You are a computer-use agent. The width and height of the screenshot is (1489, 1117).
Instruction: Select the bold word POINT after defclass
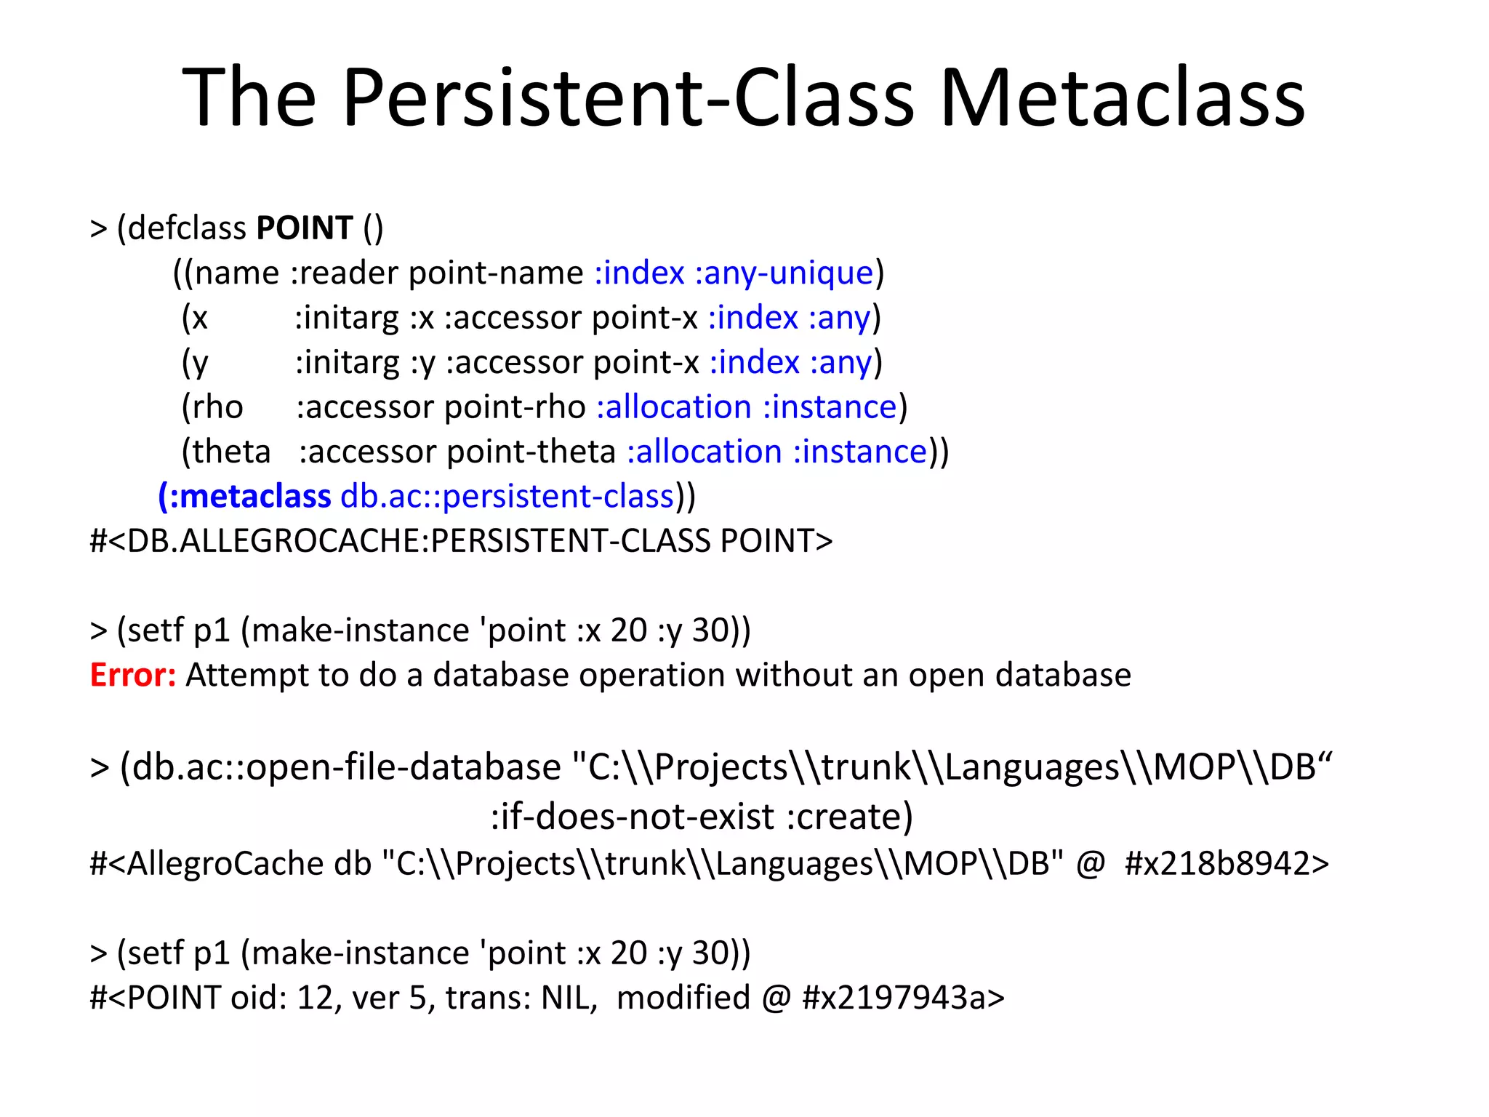click(305, 228)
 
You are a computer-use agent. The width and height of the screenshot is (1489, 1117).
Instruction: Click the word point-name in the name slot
click(496, 273)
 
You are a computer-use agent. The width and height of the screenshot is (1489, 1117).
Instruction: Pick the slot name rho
click(217, 407)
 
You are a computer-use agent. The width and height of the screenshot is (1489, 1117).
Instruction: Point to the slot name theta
click(232, 452)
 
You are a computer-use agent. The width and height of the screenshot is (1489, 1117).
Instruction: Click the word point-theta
click(531, 452)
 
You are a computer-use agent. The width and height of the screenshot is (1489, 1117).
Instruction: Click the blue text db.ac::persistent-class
click(507, 497)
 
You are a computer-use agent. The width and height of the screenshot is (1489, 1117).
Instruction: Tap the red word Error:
click(132, 676)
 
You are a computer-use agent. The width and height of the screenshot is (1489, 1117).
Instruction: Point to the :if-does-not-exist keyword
click(633, 817)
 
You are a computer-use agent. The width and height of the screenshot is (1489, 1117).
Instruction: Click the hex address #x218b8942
click(1227, 864)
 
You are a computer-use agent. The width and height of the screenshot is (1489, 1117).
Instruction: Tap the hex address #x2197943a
click(903, 998)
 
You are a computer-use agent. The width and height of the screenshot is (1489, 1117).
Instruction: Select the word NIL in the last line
click(569, 998)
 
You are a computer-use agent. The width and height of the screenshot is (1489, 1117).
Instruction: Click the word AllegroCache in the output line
click(225, 864)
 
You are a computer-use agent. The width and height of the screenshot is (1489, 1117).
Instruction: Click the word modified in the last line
click(683, 998)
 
